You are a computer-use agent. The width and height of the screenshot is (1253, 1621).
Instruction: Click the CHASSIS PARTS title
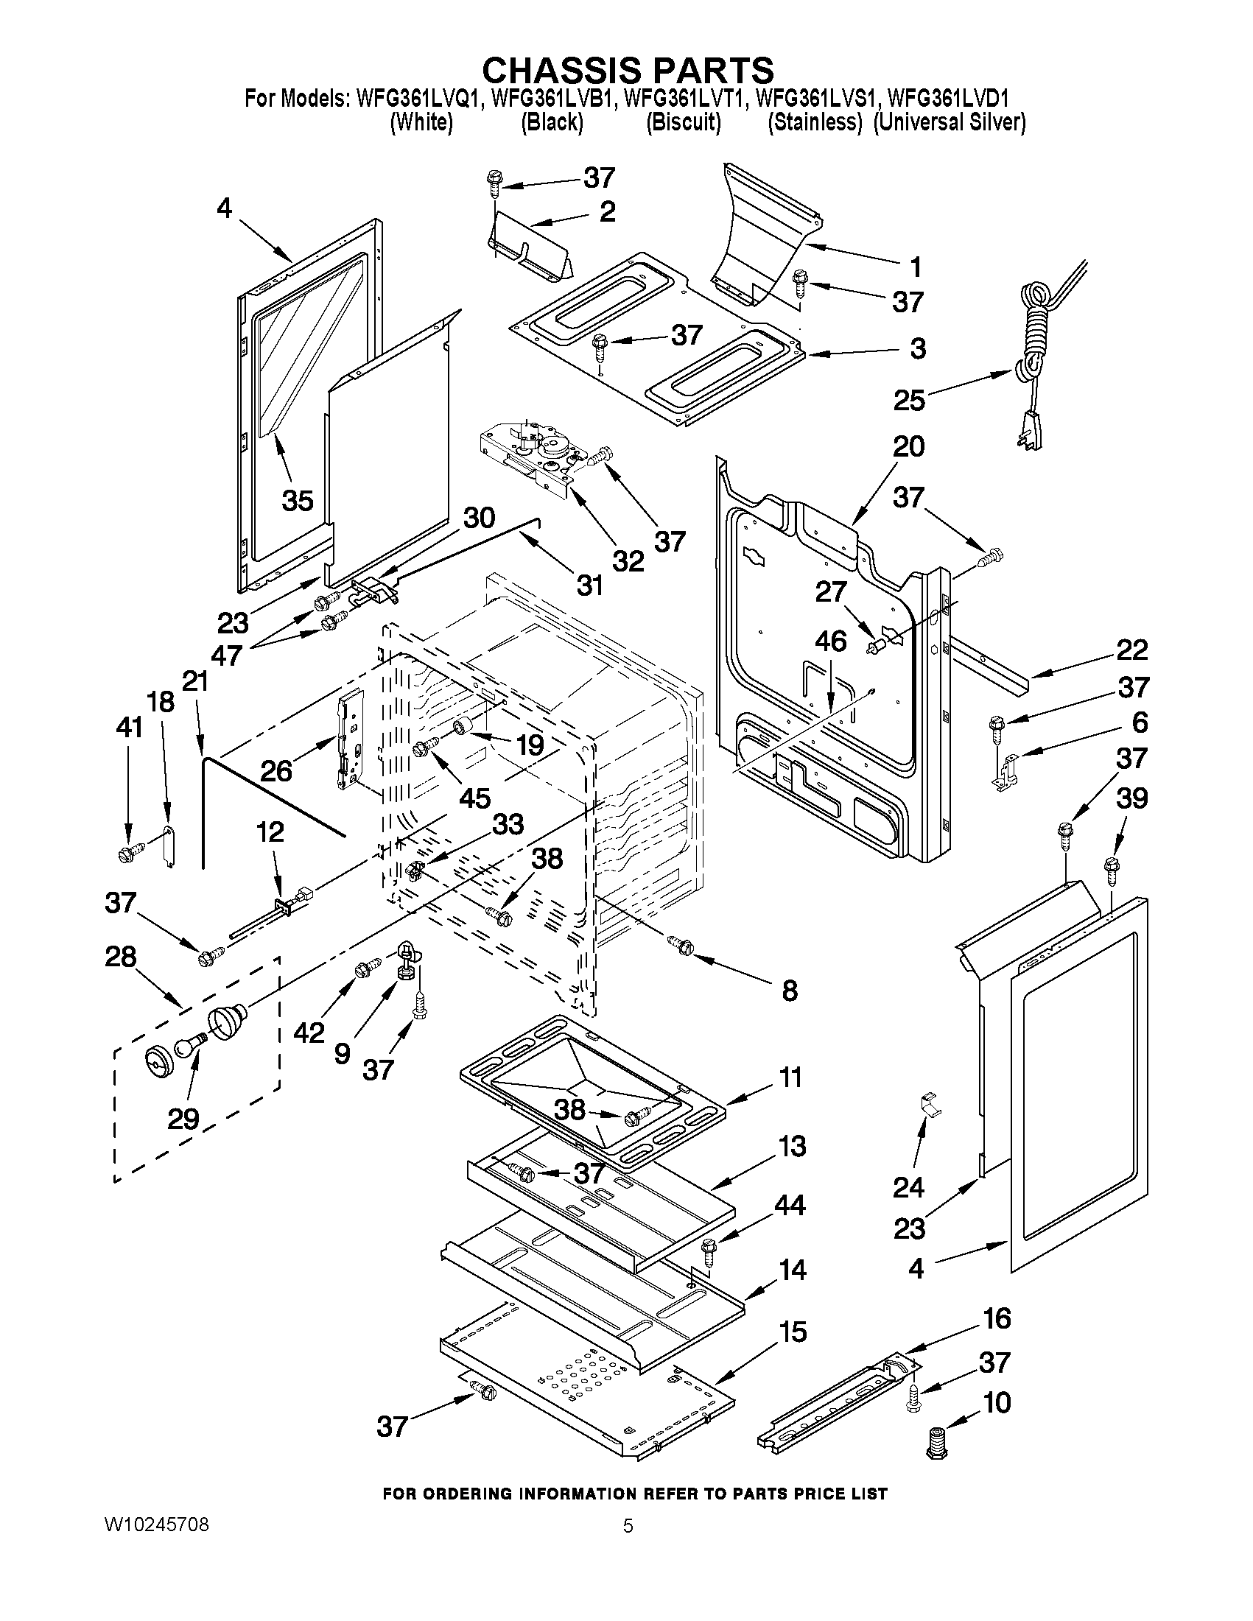click(628, 70)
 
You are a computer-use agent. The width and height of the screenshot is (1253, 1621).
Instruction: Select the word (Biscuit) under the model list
click(683, 122)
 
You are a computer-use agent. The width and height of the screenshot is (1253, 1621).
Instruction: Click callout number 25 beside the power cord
click(909, 400)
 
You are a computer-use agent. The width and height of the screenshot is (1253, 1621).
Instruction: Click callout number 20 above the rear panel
click(908, 447)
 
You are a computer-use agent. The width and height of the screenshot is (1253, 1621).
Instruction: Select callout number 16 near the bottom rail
click(997, 1318)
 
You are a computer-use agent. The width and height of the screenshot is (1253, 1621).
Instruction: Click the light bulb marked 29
click(189, 1047)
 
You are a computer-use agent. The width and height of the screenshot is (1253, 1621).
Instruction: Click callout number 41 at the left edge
click(129, 728)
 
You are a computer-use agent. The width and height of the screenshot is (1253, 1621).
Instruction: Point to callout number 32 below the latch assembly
click(628, 561)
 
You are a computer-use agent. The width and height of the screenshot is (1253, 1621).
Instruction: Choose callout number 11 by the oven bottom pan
click(790, 1077)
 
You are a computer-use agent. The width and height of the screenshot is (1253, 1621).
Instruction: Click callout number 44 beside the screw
click(790, 1206)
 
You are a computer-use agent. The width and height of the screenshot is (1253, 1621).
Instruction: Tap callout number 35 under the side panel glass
click(298, 501)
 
